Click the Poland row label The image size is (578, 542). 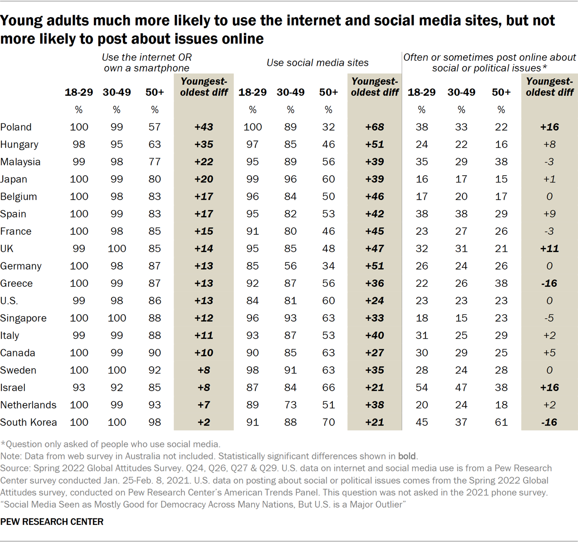(16, 127)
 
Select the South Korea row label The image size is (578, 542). (28, 422)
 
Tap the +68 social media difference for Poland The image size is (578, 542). (374, 127)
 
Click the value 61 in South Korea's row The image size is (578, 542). (501, 422)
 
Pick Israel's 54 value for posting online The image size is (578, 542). (421, 388)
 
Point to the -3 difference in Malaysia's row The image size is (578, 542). (549, 162)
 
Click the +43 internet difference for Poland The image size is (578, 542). (204, 127)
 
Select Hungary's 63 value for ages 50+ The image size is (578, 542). (154, 145)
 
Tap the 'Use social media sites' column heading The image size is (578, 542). (317, 63)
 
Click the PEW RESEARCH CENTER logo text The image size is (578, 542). (52, 522)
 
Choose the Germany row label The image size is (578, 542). (21, 266)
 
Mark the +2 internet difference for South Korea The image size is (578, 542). (204, 422)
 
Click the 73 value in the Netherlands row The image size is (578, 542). (290, 405)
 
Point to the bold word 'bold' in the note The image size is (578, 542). (406, 456)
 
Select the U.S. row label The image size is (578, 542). (9, 301)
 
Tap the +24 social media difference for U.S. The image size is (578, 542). (374, 301)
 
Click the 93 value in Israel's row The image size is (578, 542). (79, 388)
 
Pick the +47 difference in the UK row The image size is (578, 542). (374, 248)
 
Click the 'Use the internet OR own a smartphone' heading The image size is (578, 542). (146, 63)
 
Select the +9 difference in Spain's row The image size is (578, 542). (549, 214)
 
